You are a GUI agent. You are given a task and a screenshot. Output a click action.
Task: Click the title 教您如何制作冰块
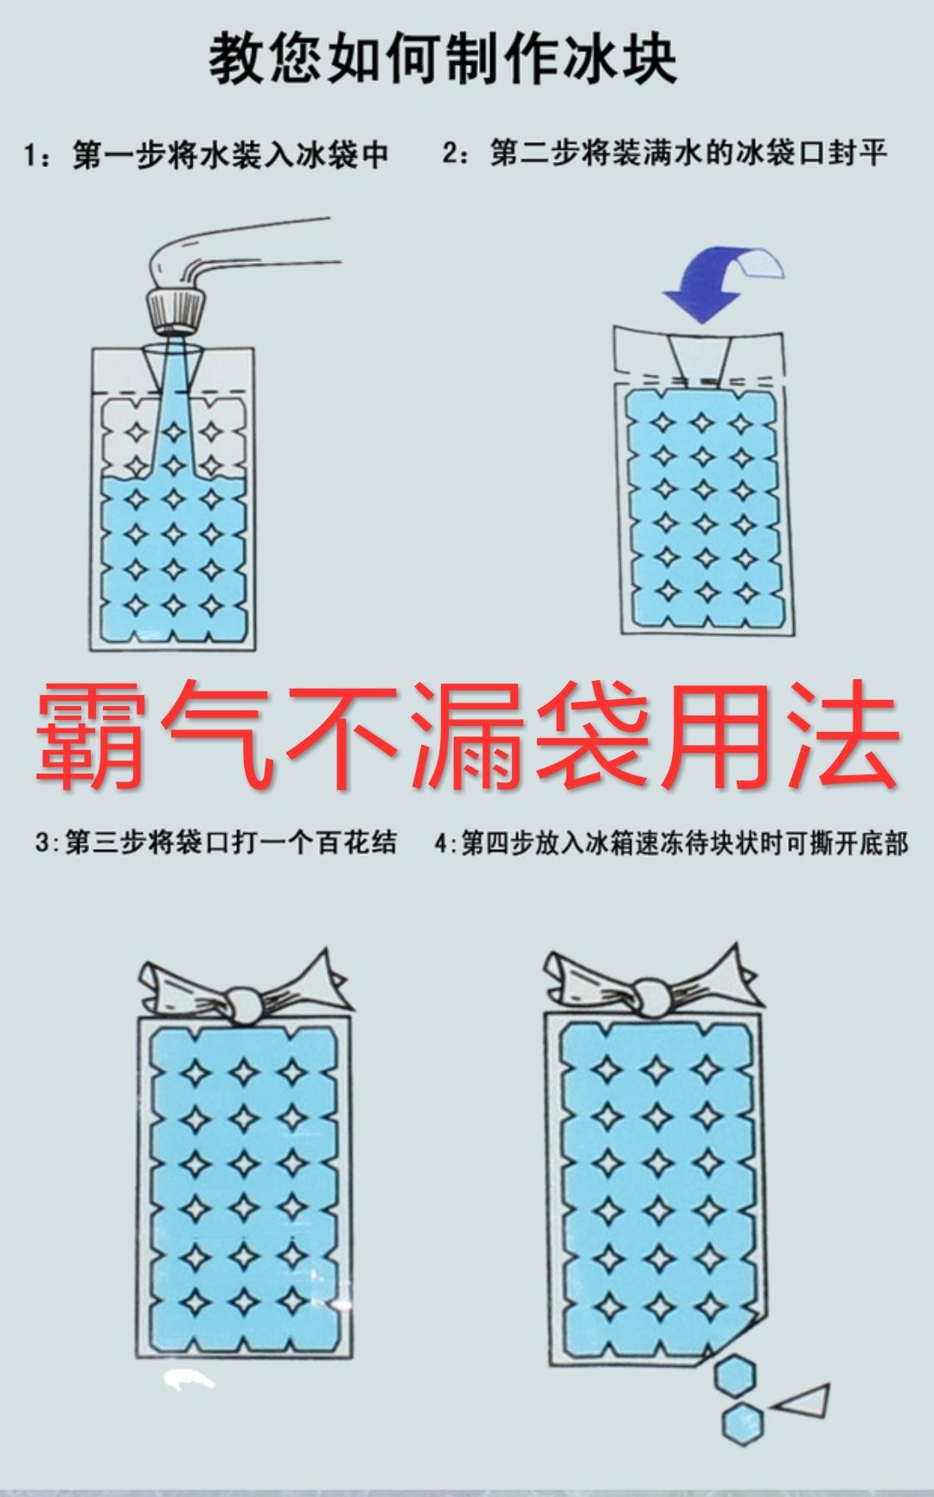[443, 59]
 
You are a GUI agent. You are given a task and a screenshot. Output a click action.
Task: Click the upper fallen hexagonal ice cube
[736, 1375]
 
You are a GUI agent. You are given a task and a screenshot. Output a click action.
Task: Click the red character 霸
[90, 734]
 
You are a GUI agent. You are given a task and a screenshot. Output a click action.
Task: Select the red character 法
[843, 734]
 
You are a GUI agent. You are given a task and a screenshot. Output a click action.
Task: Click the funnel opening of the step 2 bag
[699, 357]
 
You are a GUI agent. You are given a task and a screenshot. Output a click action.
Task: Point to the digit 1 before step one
[31, 157]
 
